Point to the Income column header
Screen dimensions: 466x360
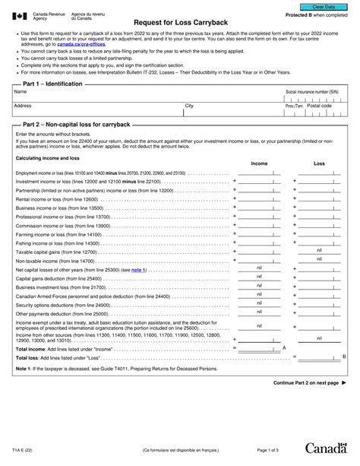point(259,163)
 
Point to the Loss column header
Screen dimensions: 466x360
point(319,163)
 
